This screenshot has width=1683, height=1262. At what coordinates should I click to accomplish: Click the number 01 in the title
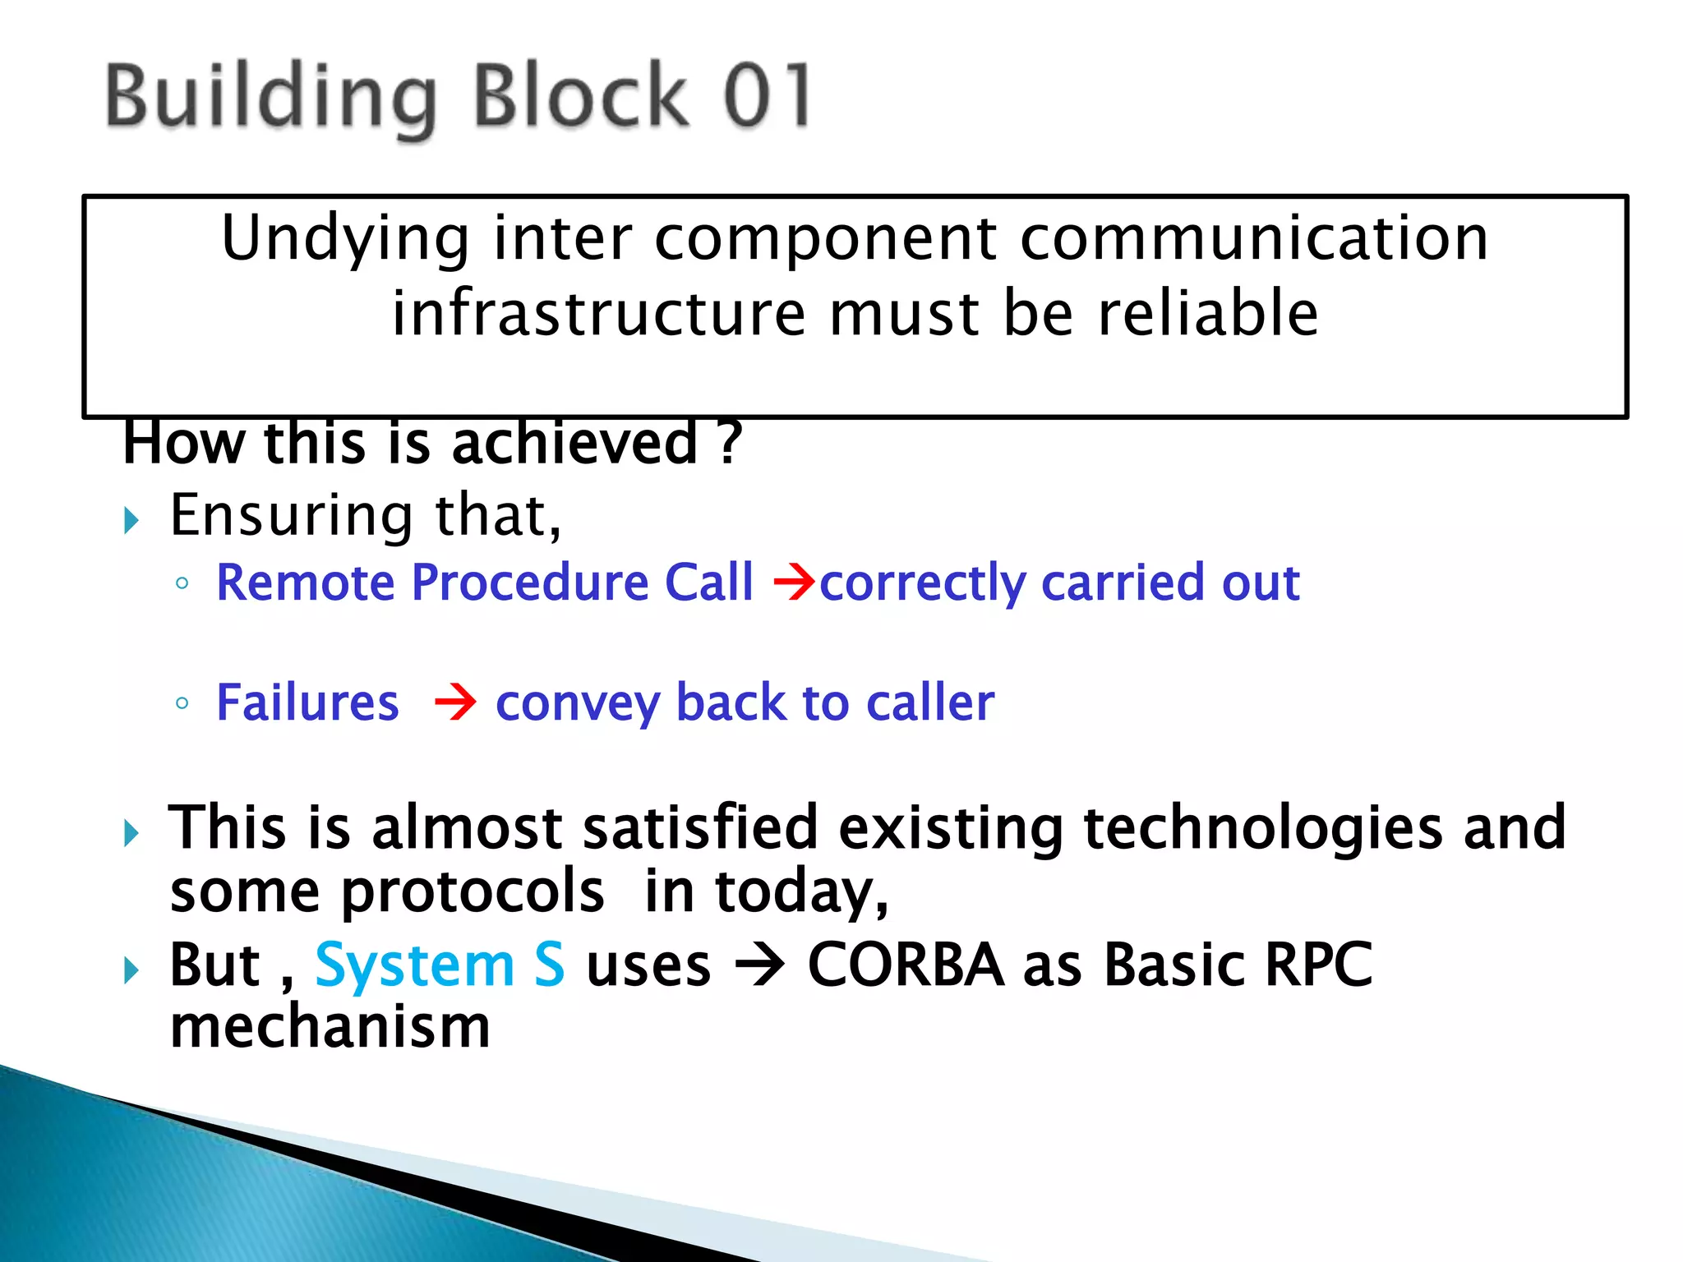coord(768,97)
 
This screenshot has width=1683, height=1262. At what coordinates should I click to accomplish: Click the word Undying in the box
coord(345,238)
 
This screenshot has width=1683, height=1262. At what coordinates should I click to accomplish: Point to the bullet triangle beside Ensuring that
coord(131,520)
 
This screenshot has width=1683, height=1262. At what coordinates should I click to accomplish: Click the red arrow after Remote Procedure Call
coord(794,582)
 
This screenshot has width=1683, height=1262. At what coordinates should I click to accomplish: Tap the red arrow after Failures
coord(455,702)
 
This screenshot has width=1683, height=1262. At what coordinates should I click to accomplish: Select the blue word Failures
coord(307,702)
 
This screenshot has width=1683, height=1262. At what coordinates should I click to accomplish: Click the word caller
coord(929,703)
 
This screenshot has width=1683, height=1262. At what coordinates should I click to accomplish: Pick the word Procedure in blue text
coord(530,583)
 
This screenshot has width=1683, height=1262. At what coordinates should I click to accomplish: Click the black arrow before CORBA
coord(759,965)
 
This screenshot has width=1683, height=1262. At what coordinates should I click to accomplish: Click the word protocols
coord(472,891)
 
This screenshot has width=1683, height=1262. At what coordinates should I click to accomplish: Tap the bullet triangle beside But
coord(131,970)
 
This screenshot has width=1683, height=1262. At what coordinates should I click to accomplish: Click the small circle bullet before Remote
coord(182,583)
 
